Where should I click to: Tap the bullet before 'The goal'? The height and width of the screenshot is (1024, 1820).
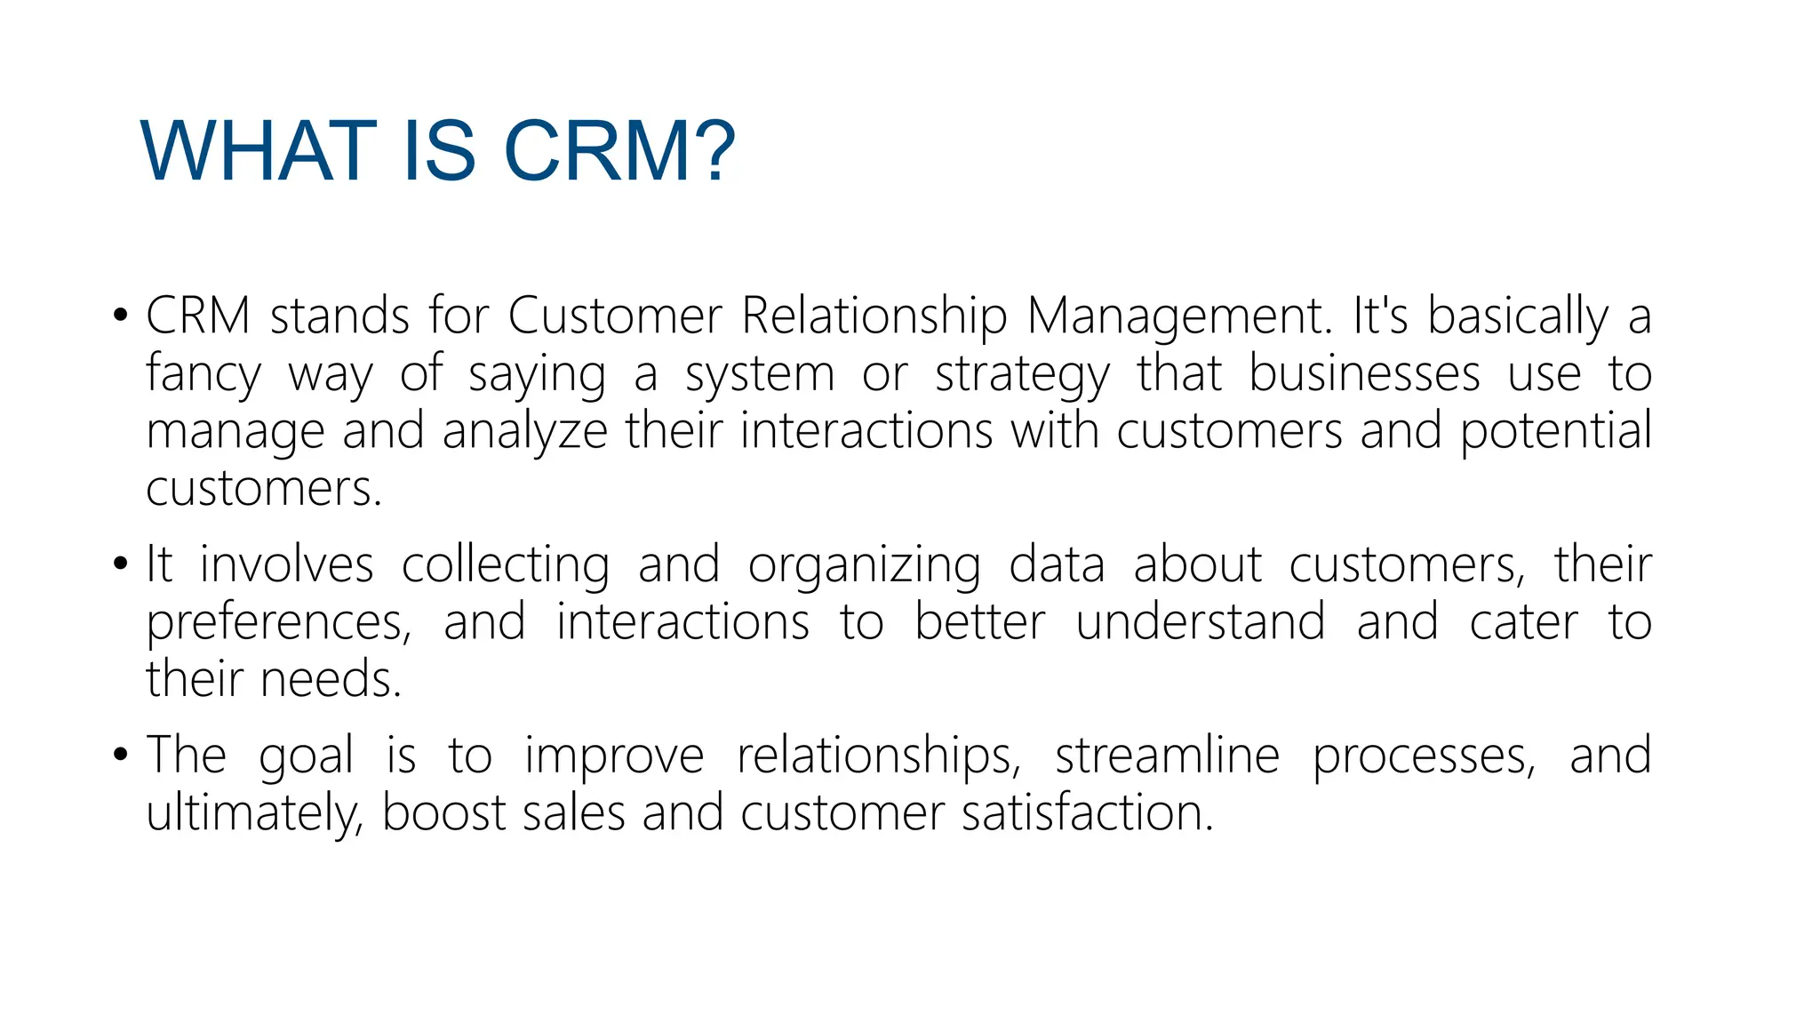point(122,756)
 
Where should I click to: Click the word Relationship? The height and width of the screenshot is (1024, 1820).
point(874,317)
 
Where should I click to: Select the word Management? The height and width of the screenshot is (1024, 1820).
point(1178,317)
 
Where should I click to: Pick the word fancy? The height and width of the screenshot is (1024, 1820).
point(204,374)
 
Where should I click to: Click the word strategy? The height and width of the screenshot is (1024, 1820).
point(1023,374)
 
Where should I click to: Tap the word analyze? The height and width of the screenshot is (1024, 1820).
point(524,432)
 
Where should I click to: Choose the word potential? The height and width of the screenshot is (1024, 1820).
point(1555,432)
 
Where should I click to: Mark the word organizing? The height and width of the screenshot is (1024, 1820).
point(864,567)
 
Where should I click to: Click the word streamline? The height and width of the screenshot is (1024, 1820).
point(1167,756)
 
